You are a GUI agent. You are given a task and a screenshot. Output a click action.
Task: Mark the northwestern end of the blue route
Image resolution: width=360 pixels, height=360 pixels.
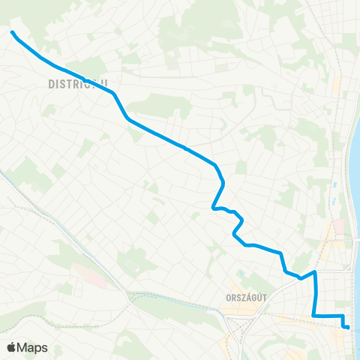(12, 31)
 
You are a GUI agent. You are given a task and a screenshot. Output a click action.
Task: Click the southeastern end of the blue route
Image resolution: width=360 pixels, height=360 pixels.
(347, 326)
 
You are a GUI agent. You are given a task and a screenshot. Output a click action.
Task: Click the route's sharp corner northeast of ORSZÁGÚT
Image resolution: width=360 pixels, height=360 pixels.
(315, 272)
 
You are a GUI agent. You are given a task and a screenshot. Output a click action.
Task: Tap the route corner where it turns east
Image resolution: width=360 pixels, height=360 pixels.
(313, 316)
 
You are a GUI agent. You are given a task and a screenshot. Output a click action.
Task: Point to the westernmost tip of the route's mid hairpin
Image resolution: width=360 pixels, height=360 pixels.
(213, 208)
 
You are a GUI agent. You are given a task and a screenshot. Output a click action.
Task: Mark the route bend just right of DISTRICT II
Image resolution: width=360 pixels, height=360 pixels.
(113, 94)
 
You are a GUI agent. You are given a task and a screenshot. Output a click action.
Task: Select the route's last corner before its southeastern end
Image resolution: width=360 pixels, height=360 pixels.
(343, 316)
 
